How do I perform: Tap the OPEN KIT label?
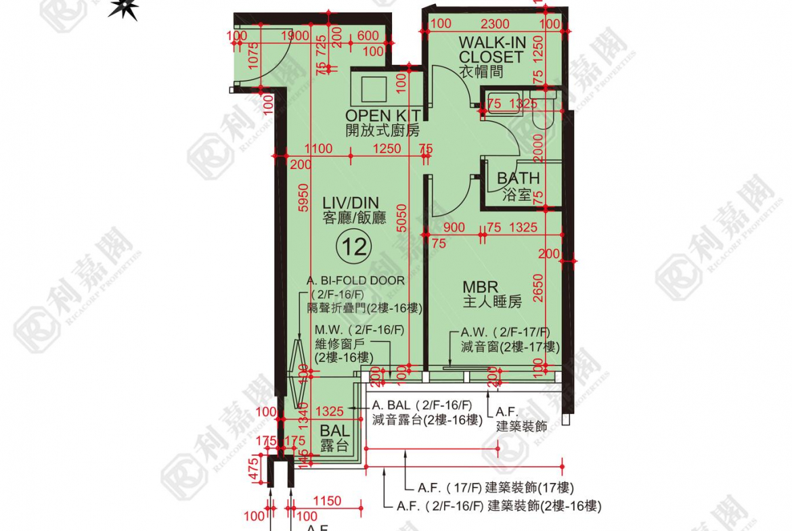pyautogui.click(x=382, y=116)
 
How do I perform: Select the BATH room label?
pyautogui.click(x=519, y=179)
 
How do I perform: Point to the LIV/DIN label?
pyautogui.click(x=350, y=202)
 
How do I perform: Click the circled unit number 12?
pyautogui.click(x=355, y=246)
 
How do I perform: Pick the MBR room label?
pyautogui.click(x=481, y=287)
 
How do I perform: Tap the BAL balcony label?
pyautogui.click(x=335, y=431)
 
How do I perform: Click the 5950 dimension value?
pyautogui.click(x=303, y=199)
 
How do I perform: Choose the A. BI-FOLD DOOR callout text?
pyautogui.click(x=355, y=280)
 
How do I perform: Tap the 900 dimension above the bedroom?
pyautogui.click(x=454, y=228)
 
